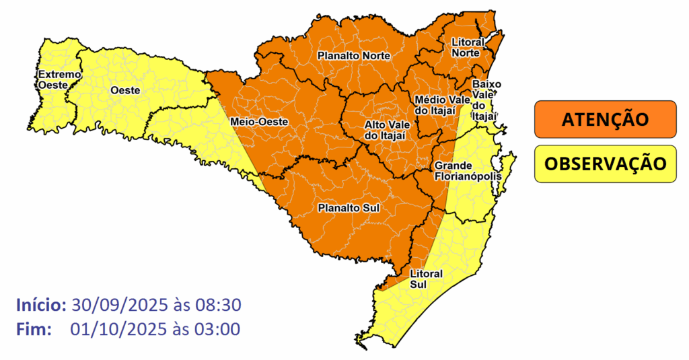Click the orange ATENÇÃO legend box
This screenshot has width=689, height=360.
point(605,120)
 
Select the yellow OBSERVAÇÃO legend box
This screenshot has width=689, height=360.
point(605,164)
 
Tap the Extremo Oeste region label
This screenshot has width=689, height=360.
point(59,79)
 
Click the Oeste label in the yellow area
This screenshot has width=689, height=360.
point(125,90)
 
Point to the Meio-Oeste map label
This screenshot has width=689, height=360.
point(259,122)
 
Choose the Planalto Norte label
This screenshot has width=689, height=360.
point(353,56)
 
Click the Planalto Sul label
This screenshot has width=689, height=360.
point(349,208)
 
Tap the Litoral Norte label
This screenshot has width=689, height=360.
point(466,47)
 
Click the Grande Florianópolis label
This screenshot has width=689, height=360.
point(468,171)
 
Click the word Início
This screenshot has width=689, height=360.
point(40,305)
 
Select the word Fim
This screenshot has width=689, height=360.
point(34,329)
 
